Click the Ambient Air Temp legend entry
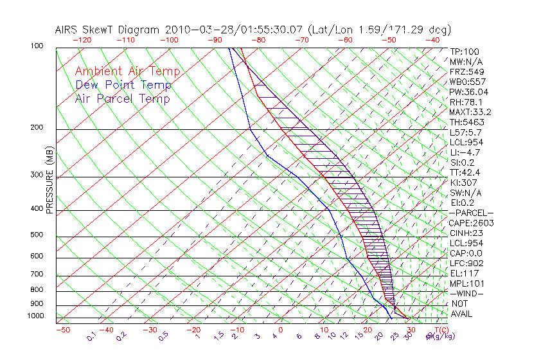pos(127,71)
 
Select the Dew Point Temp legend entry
pos(123,85)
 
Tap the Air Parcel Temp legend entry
pos(122,98)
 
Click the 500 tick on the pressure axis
pos(38,235)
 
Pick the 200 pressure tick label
pos(38,127)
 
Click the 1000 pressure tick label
pos(36,316)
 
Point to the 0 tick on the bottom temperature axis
pos(281,330)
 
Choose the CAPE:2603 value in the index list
pos(471,223)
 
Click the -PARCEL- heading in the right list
pos(471,213)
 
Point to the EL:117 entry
pos(463,273)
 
